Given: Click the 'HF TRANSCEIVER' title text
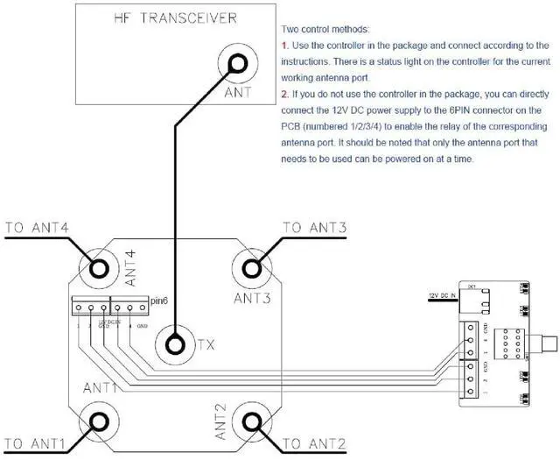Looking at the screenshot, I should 166,19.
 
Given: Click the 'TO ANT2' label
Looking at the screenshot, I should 315,442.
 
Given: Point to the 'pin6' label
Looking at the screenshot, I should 158,301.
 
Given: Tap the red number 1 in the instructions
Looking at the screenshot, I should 284,46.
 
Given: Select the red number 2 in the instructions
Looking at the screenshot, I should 284,96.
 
